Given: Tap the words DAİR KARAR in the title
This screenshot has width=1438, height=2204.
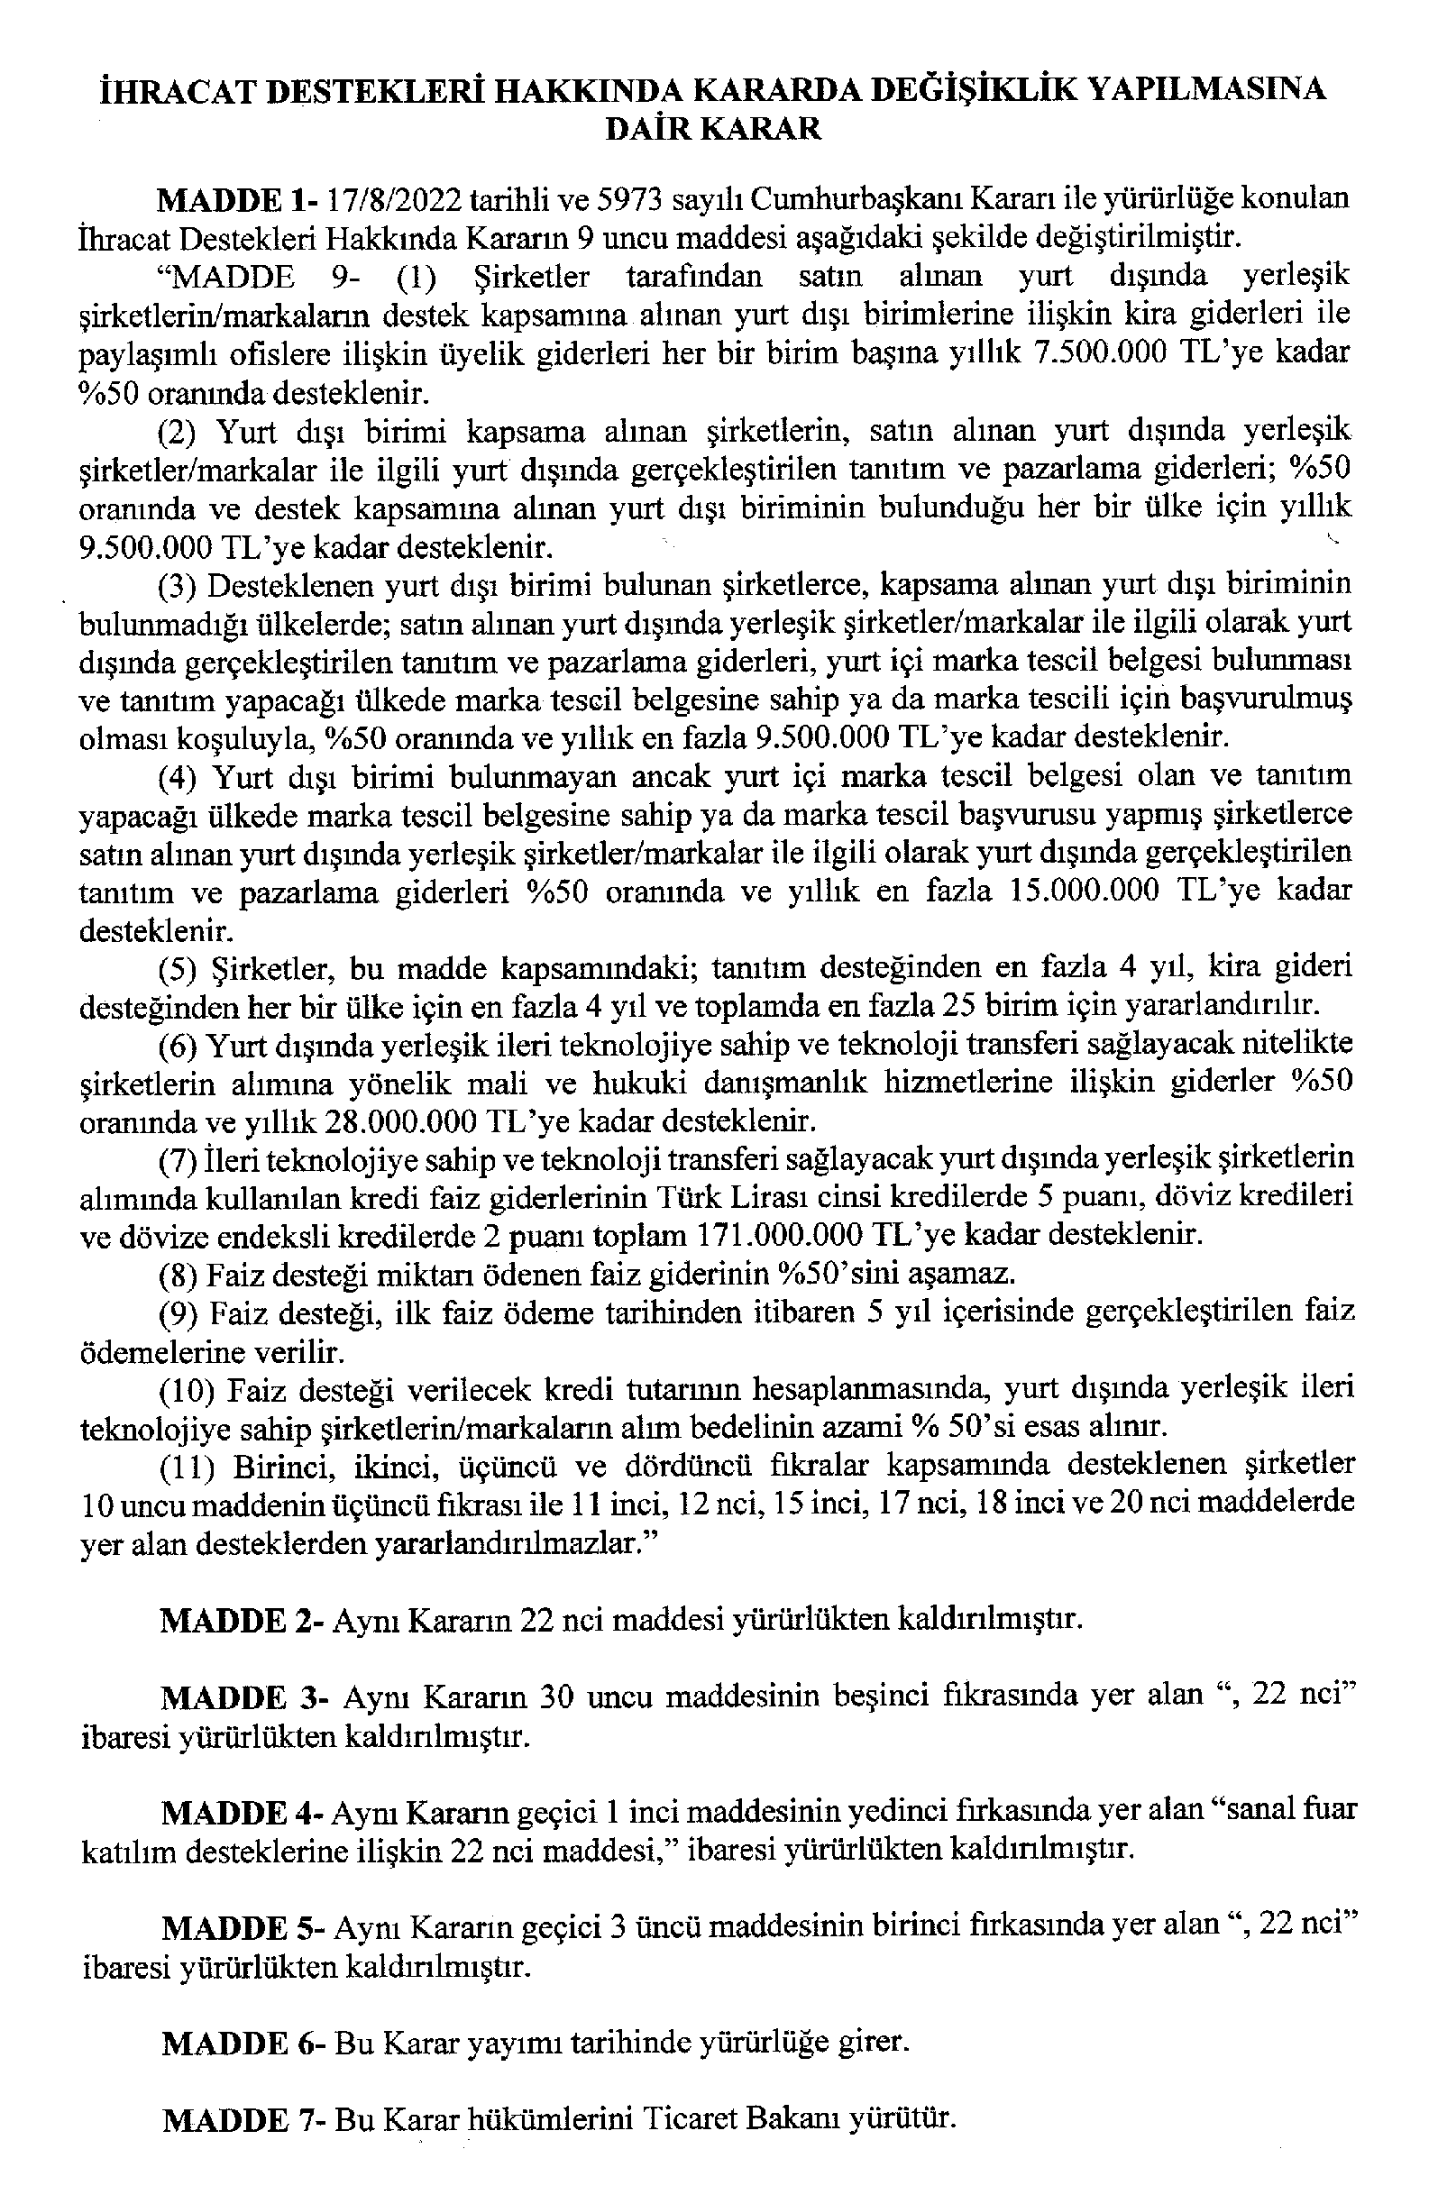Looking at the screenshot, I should coord(712,129).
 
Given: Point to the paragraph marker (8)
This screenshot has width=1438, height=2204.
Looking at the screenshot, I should coord(178,1275).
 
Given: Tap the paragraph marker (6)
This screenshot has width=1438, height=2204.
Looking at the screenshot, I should coord(178,1045).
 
